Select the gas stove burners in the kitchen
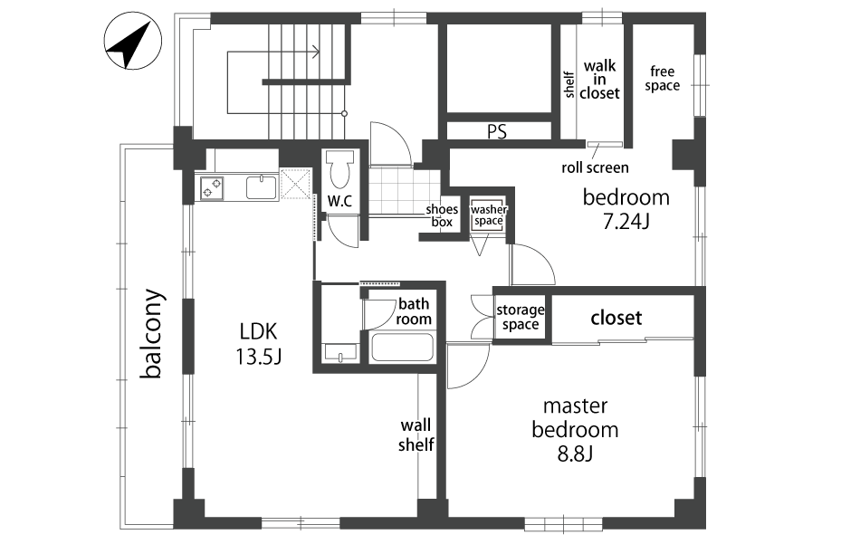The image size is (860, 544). click(212, 187)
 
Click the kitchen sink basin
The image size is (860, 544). click(263, 187)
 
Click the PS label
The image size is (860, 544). click(496, 131)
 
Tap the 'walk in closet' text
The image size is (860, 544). click(599, 80)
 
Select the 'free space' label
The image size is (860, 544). click(662, 79)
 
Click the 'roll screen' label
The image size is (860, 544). click(595, 167)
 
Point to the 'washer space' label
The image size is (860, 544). click(488, 215)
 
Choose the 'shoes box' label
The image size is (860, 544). click(442, 215)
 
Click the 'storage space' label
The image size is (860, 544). click(520, 318)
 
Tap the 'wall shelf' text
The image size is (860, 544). click(416, 434)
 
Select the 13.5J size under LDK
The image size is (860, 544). click(258, 357)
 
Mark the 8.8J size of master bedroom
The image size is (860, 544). click(575, 453)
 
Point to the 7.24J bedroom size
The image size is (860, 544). click(626, 221)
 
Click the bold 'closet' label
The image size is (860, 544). click(616, 318)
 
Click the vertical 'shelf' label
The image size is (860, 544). click(569, 85)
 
